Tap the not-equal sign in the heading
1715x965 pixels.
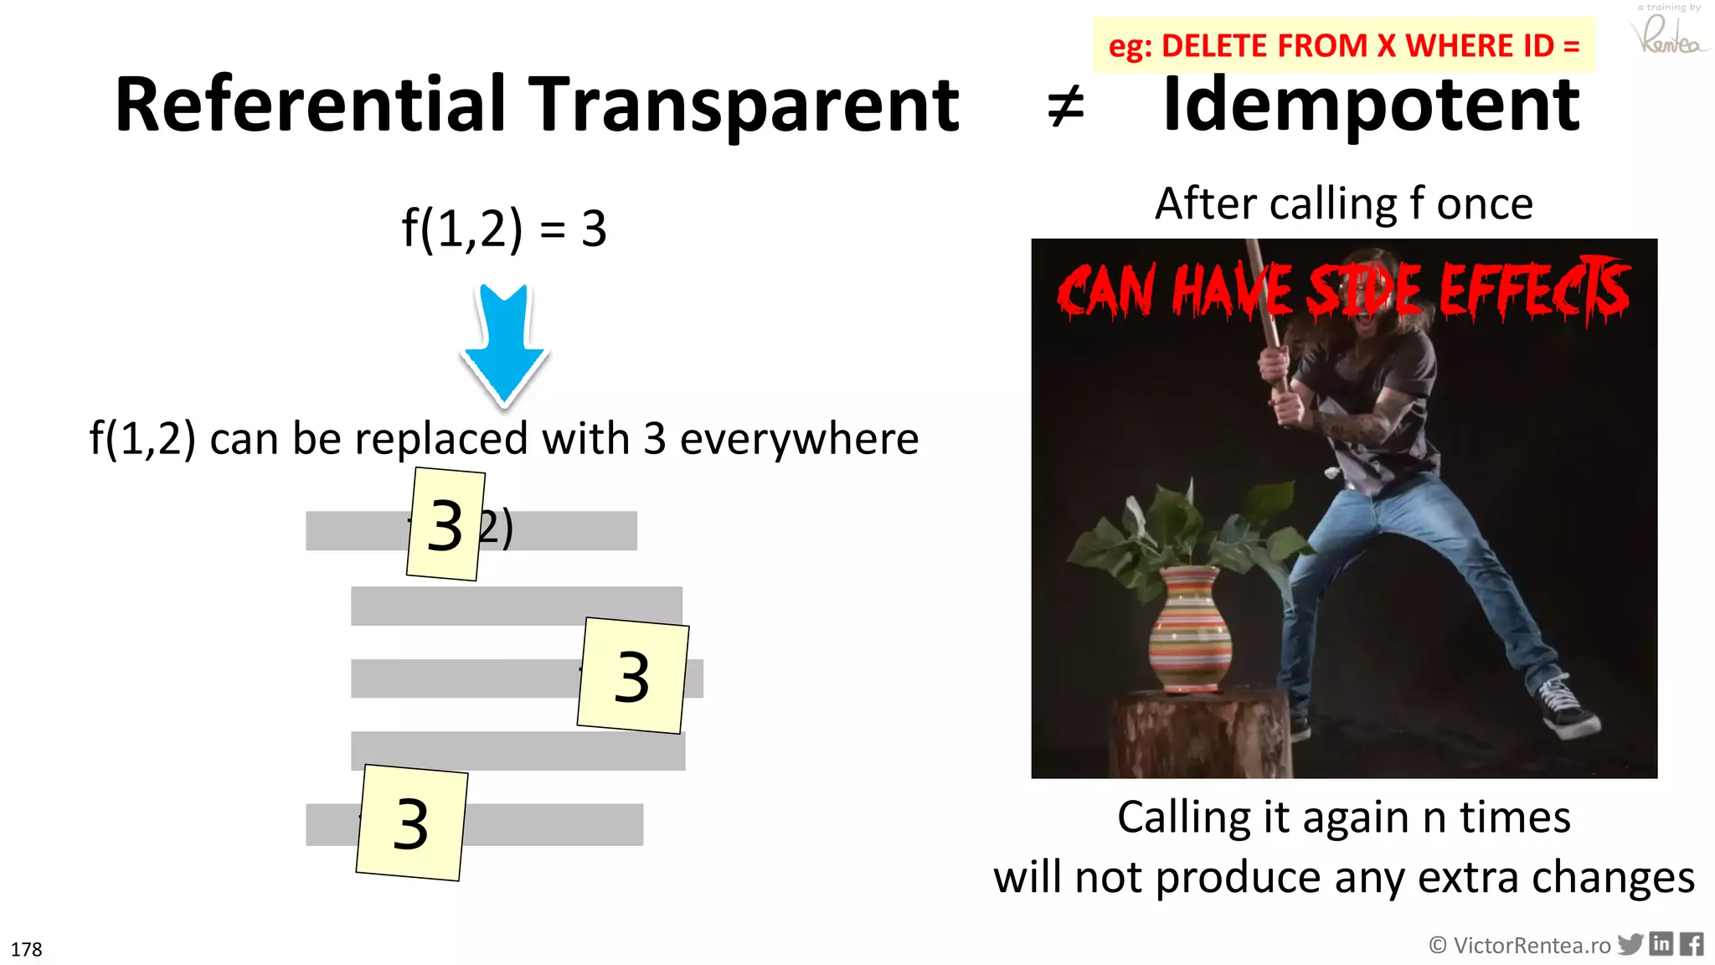(x=1065, y=107)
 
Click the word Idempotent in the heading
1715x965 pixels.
(x=1371, y=105)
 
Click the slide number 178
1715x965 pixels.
(x=27, y=949)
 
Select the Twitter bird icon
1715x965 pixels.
(x=1630, y=944)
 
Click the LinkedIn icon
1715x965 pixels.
(x=1661, y=944)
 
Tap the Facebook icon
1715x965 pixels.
(x=1692, y=944)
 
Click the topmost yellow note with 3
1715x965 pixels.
(x=445, y=524)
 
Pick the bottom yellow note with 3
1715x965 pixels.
(x=411, y=823)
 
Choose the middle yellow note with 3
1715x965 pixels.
(x=632, y=675)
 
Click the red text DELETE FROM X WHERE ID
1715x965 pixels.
(x=1357, y=46)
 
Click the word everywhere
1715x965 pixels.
(x=799, y=439)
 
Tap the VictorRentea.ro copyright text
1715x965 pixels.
(x=1520, y=946)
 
